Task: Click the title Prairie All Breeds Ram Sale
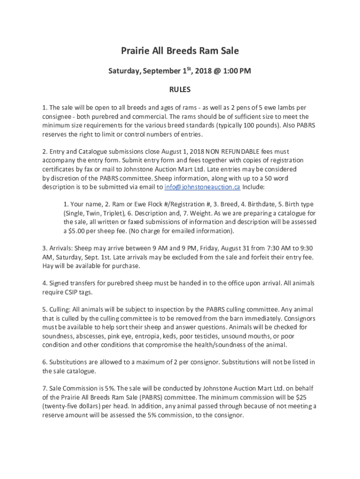(x=180, y=51)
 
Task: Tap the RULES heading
(x=180, y=89)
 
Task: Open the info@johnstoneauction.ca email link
(x=202, y=187)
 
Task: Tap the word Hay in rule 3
(x=48, y=266)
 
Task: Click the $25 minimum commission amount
(x=311, y=397)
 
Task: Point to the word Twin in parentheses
(x=90, y=213)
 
